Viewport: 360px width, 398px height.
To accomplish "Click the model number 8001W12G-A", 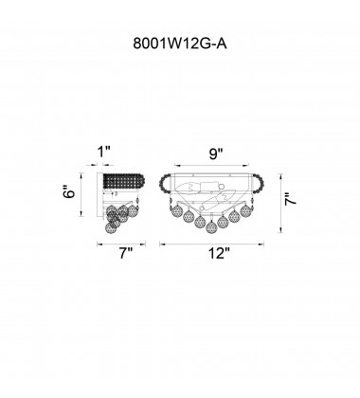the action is (x=180, y=44).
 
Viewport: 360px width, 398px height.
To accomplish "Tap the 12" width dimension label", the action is (x=219, y=253).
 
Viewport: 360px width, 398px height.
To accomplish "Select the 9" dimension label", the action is (x=216, y=154).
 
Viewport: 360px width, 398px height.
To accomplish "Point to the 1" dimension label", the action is (x=104, y=152).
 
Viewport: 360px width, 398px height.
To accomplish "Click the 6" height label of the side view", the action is (x=70, y=191).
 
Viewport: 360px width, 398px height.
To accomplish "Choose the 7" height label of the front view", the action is (x=290, y=199).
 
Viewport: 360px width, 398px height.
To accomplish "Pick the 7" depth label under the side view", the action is (x=126, y=253).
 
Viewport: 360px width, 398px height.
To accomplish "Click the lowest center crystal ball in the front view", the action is (x=211, y=227).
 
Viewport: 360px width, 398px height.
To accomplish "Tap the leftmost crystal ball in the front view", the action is (x=177, y=211).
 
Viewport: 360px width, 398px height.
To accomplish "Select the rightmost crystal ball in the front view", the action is (x=245, y=210).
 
